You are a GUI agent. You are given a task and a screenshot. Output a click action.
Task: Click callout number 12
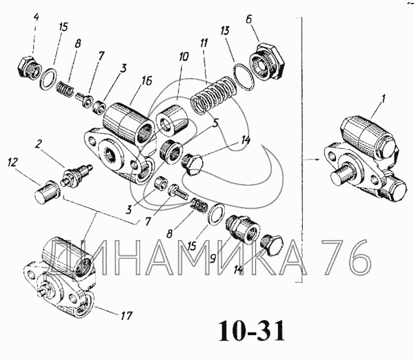coord(13,163)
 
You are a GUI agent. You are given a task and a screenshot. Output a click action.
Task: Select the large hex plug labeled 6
coord(265,59)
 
